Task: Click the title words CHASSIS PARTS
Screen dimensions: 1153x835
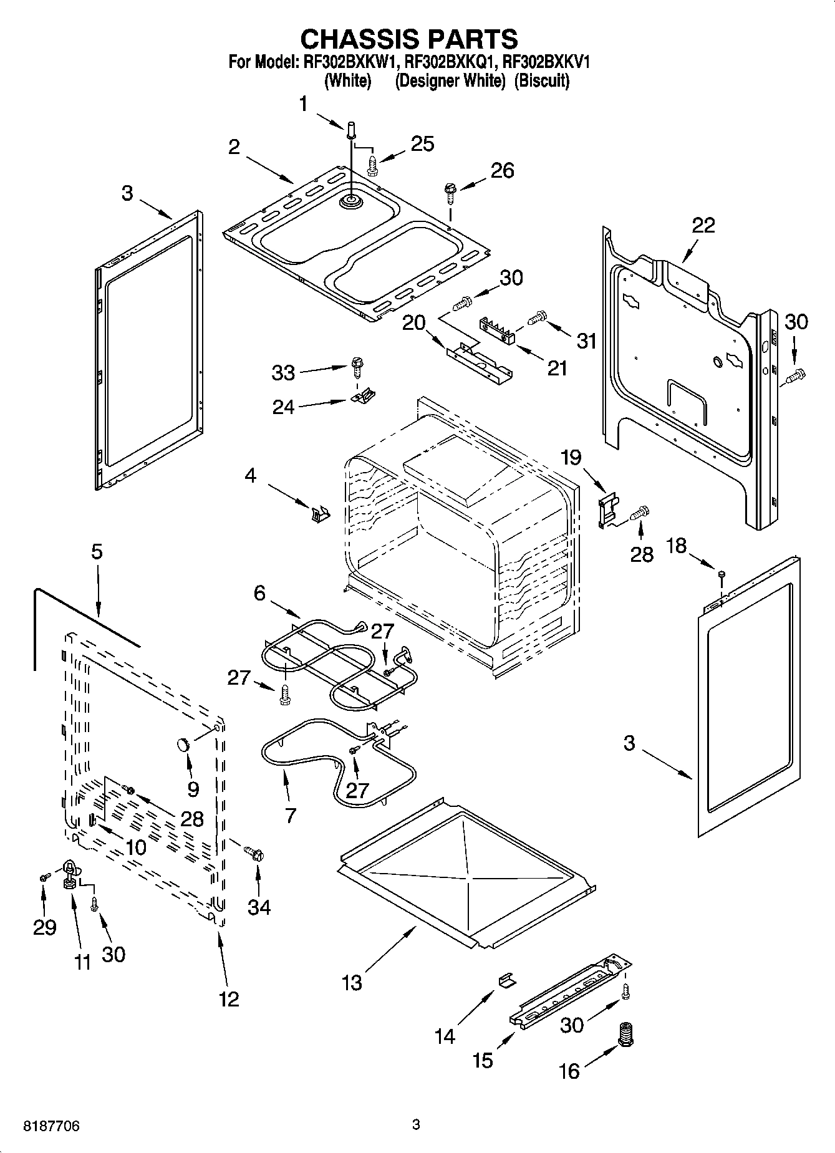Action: [409, 39]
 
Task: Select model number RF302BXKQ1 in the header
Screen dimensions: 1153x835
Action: [450, 62]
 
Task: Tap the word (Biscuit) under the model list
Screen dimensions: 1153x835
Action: [541, 81]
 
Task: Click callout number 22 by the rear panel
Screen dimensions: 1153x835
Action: [703, 225]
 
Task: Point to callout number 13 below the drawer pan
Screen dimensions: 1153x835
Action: [352, 983]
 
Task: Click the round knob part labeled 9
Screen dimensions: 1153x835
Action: [183, 744]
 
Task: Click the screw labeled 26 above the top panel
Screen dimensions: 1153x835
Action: [450, 190]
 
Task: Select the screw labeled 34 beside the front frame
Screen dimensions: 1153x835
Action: [254, 852]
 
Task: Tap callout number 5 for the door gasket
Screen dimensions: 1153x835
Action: [97, 552]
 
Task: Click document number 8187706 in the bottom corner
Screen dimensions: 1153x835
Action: [51, 1126]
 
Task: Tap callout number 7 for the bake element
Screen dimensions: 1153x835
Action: [290, 814]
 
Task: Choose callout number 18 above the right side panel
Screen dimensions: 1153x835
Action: [677, 546]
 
